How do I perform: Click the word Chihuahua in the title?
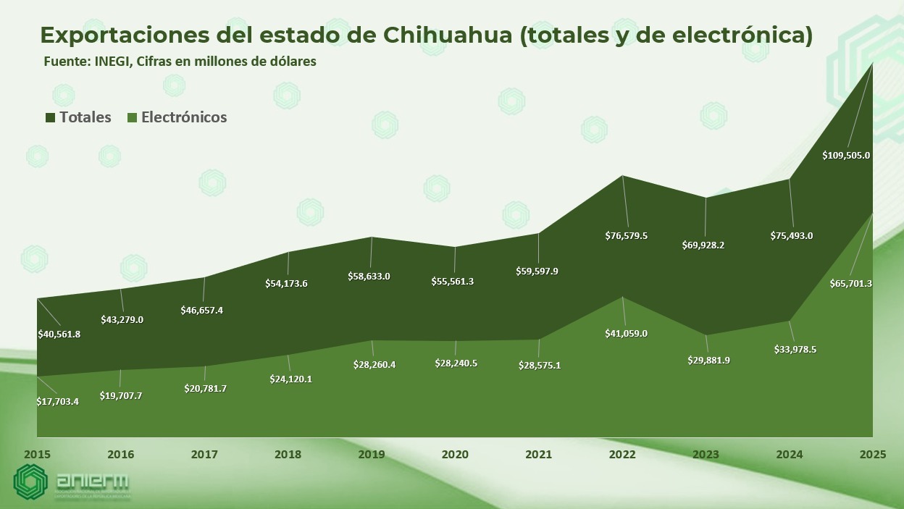(447, 35)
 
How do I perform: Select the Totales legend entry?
(78, 117)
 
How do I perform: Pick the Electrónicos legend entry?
(177, 117)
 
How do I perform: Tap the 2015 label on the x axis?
(37, 455)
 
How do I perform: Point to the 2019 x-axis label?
(372, 455)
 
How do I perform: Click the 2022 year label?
(622, 455)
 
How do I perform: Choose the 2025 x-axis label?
(872, 455)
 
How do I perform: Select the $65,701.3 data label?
(850, 284)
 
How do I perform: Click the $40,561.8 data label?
(59, 335)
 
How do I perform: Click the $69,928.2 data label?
(703, 245)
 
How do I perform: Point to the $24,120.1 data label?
(287, 379)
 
